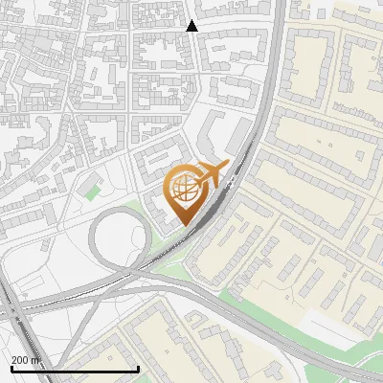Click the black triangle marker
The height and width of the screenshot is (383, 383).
pos(192,26)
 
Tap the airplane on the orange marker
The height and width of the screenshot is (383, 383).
pos(210,175)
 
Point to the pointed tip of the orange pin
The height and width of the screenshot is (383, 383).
pos(183,226)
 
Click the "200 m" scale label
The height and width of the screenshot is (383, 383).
pos(26,361)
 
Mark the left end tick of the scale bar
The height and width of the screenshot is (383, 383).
pos(11,369)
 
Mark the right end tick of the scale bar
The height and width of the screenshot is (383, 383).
pos(139,369)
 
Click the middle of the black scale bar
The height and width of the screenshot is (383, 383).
pos(75,370)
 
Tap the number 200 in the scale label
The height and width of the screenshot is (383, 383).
pos(21,361)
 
